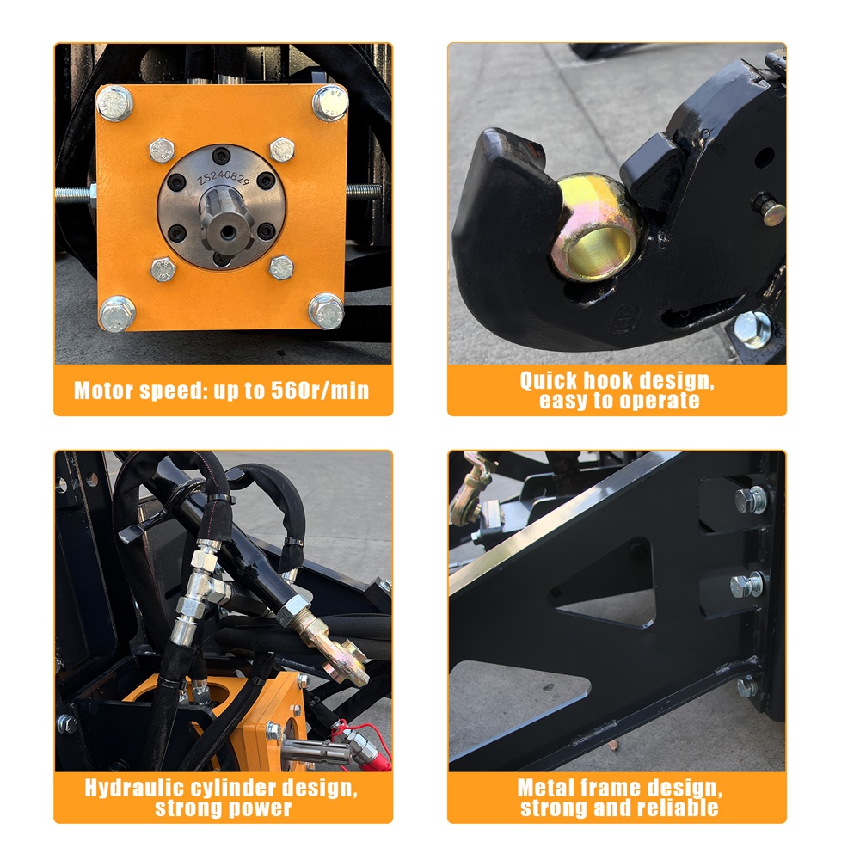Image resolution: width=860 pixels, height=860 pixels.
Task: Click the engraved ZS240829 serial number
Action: pyautogui.click(x=224, y=177)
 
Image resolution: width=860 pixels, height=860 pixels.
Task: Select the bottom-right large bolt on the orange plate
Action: pyautogui.click(x=326, y=311)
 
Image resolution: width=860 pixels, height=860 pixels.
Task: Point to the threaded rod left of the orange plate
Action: pyautogui.click(x=76, y=193)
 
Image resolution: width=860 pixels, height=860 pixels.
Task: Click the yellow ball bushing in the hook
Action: pyautogui.click(x=596, y=227)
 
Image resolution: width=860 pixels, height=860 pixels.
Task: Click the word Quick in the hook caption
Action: pyautogui.click(x=549, y=380)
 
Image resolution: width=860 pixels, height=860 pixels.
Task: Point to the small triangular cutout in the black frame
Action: pyautogui.click(x=606, y=582)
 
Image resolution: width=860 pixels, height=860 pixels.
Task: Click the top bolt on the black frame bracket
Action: pyautogui.click(x=750, y=500)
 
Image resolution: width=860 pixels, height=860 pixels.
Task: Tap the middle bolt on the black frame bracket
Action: pyautogui.click(x=746, y=585)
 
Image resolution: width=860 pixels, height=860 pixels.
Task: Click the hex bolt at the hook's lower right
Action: pyautogui.click(x=752, y=329)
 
